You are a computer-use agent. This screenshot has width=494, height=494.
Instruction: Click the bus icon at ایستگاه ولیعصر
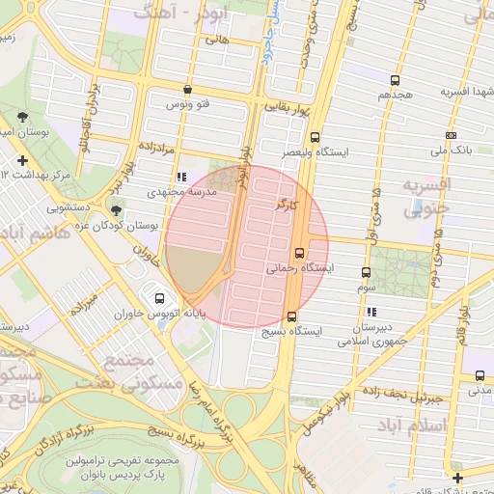click(317, 138)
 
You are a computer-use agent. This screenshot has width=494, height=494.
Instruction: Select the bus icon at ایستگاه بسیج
click(292, 316)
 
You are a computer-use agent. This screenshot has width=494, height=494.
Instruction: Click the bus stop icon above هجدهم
click(395, 80)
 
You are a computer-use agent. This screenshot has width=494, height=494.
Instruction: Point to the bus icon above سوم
click(366, 272)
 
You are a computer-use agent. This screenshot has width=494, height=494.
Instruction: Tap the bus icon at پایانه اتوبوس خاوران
click(159, 297)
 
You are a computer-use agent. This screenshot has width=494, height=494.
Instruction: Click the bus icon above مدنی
click(480, 375)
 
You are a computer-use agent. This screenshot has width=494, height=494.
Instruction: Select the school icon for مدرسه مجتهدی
click(181, 177)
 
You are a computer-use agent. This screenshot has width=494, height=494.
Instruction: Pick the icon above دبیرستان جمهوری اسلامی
click(371, 312)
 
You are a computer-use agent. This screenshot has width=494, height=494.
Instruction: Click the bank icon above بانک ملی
click(452, 135)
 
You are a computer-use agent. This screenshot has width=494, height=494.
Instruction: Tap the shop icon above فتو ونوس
click(187, 89)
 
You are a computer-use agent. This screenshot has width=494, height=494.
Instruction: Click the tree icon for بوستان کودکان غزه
click(117, 209)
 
